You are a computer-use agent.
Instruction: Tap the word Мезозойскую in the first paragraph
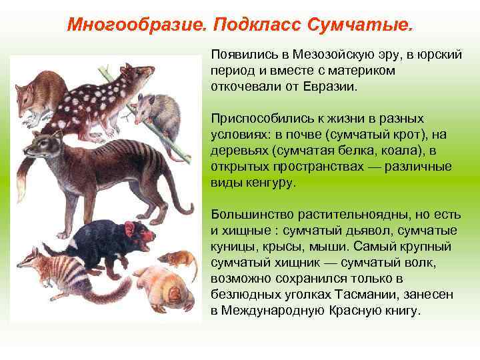tap(325, 54)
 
